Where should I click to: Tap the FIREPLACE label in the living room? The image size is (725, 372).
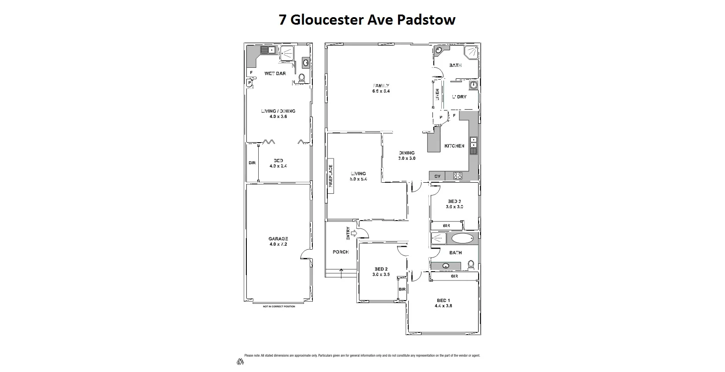click(330, 177)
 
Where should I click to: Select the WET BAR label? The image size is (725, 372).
click(275, 74)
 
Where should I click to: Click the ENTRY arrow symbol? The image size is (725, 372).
click(353, 233)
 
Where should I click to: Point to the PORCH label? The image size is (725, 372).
click(341, 252)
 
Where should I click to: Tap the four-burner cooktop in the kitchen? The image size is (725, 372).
click(458, 176)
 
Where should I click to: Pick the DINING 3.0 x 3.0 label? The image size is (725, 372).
click(407, 155)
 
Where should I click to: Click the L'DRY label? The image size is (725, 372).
click(459, 97)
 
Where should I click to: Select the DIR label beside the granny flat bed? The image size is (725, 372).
click(252, 163)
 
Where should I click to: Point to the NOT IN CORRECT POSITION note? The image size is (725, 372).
click(279, 306)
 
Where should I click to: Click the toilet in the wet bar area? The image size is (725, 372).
click(302, 78)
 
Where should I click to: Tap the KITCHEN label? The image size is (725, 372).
click(454, 146)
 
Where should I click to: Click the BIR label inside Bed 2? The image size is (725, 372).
click(402, 289)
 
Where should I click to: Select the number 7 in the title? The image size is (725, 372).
click(282, 20)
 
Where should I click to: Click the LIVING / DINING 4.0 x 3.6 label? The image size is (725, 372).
click(278, 114)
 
